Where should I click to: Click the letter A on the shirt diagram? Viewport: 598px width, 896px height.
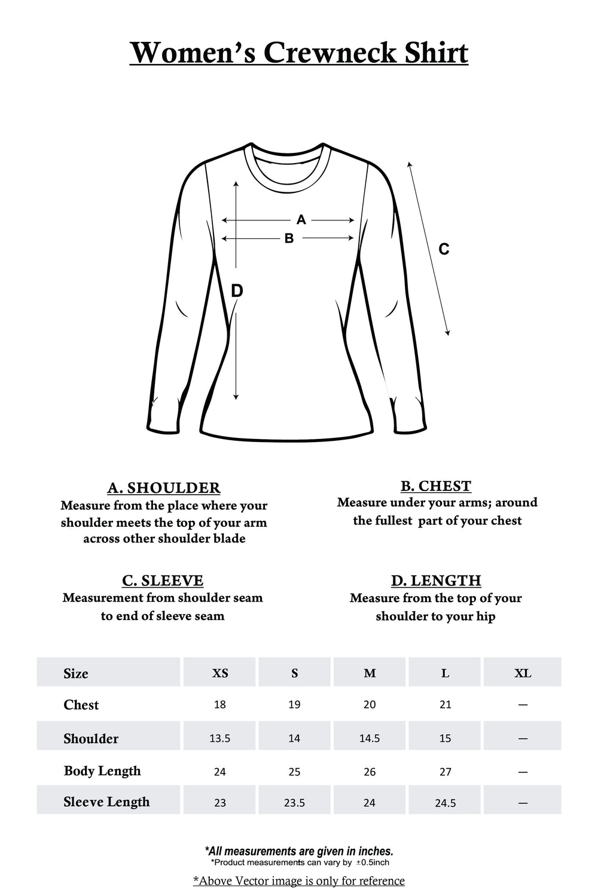[301, 220]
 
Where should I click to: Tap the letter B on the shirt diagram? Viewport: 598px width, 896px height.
[289, 238]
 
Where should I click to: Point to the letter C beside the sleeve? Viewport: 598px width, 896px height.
[444, 249]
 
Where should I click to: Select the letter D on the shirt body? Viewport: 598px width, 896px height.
[237, 291]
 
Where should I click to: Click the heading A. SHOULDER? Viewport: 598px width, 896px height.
[164, 488]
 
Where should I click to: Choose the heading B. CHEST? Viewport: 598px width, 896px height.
[436, 486]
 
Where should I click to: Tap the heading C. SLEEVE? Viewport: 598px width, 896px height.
[163, 581]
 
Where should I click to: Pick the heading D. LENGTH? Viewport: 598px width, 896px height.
[436, 581]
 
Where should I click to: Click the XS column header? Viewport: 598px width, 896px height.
[220, 673]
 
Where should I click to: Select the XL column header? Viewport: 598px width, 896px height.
[523, 673]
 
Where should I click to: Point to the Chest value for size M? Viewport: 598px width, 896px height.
[370, 705]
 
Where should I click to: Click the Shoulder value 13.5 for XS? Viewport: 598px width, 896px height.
[220, 738]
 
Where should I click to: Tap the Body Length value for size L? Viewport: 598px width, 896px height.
[446, 772]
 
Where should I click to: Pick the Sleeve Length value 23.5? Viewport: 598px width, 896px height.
[294, 803]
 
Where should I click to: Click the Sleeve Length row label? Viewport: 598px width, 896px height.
[106, 802]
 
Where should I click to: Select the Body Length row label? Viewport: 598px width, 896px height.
[102, 771]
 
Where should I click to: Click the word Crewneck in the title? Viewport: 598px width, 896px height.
[329, 53]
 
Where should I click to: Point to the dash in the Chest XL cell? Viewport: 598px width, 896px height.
[523, 705]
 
